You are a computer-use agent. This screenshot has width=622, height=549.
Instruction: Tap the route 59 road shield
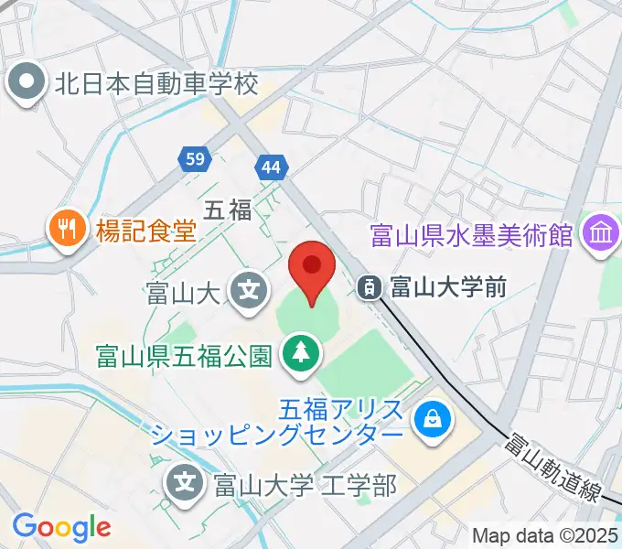pos(194,159)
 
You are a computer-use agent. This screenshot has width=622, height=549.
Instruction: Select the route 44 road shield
pos(272,167)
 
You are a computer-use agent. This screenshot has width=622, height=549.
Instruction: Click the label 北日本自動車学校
pos(157,84)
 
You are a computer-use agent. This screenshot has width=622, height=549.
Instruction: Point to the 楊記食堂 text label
pos(146,227)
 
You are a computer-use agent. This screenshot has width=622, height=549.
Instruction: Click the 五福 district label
pos(227,211)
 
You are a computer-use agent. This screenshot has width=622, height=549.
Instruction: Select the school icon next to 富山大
pos(250,293)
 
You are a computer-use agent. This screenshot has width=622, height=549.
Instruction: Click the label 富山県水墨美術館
pos(472,236)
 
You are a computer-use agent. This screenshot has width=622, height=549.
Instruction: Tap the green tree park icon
pos(299,351)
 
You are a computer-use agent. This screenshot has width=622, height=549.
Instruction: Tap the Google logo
pos(61,527)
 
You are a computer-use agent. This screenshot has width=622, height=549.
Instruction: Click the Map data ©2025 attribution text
pos(544,535)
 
